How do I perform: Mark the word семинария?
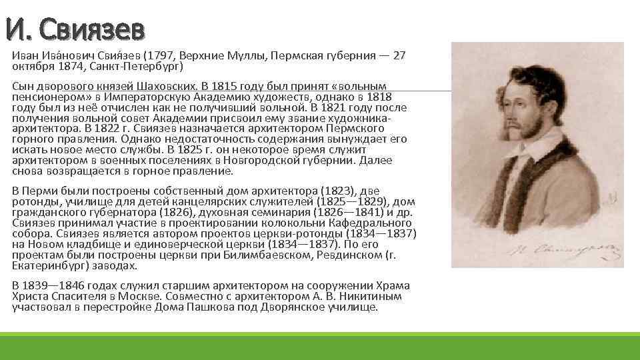pos(265,212)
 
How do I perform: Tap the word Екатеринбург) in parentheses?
pos(44,265)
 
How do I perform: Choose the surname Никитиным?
pos(363,297)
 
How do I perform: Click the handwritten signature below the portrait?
pos(543,249)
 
